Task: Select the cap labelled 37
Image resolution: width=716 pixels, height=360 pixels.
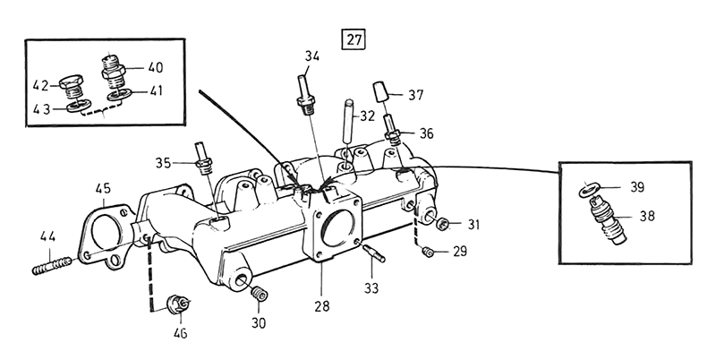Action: point(379,90)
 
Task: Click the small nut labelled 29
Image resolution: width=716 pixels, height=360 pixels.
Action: point(429,253)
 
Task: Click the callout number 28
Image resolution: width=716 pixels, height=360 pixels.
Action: point(321,305)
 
